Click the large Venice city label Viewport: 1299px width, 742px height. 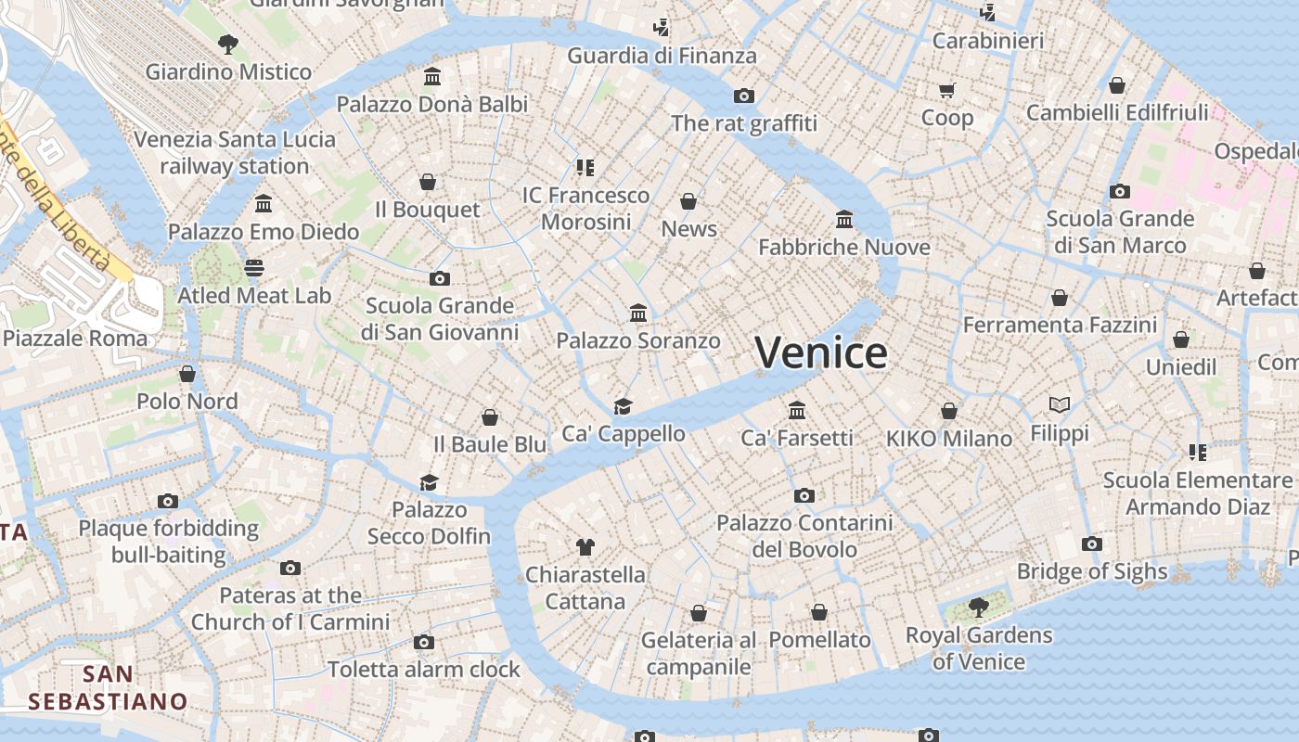pyautogui.click(x=820, y=353)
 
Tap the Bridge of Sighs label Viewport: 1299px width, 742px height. pyautogui.click(x=1092, y=571)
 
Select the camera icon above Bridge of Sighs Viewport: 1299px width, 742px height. pyautogui.click(x=1092, y=544)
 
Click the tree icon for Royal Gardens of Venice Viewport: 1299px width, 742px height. pyautogui.click(x=978, y=608)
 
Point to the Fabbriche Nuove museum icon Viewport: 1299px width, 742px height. pyautogui.click(x=844, y=220)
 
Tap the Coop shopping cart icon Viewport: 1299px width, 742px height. pyautogui.click(x=946, y=91)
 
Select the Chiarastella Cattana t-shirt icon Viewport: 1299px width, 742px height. pyautogui.click(x=585, y=547)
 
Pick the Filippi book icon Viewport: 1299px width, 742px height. pyautogui.click(x=1060, y=404)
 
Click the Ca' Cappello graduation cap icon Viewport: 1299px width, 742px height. pyautogui.click(x=623, y=406)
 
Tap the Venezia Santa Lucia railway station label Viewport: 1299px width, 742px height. pyautogui.click(x=235, y=153)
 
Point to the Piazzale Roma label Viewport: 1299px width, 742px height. pyautogui.click(x=75, y=338)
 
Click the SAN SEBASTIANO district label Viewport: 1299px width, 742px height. pyautogui.click(x=108, y=687)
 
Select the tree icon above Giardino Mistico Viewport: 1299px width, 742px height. pyautogui.click(x=227, y=44)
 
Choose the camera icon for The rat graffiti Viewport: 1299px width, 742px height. pyautogui.click(x=743, y=96)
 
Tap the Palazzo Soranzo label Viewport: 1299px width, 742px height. pyautogui.click(x=638, y=341)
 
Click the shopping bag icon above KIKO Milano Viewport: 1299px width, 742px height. pyautogui.click(x=949, y=411)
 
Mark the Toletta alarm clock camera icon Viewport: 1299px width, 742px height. pyautogui.click(x=424, y=642)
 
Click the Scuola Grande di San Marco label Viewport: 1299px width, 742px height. pyautogui.click(x=1120, y=232)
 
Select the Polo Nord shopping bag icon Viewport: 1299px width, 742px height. pyautogui.click(x=187, y=374)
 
